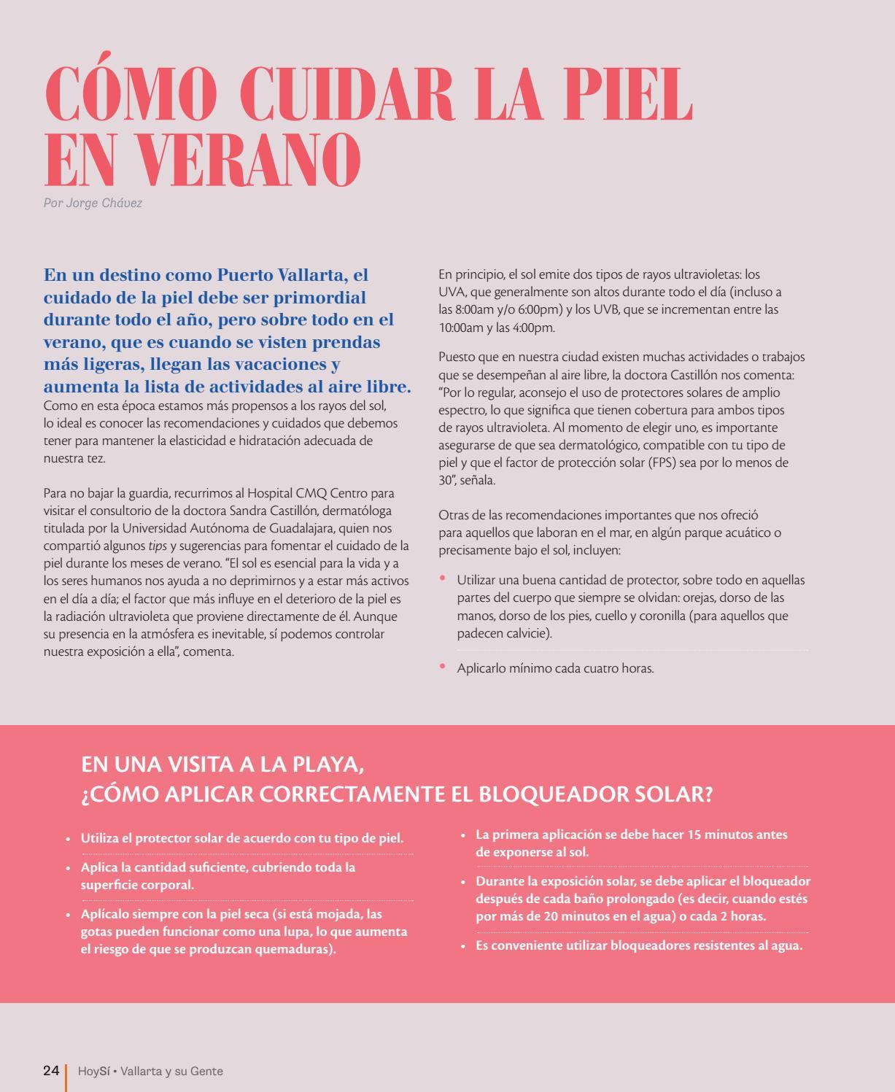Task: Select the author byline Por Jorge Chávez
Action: (x=93, y=203)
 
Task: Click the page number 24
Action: (x=51, y=1071)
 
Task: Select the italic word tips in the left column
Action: (x=158, y=546)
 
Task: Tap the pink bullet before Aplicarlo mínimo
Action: (x=442, y=665)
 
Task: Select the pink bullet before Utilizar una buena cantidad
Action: (x=442, y=578)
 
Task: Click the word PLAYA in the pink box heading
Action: (x=325, y=764)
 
